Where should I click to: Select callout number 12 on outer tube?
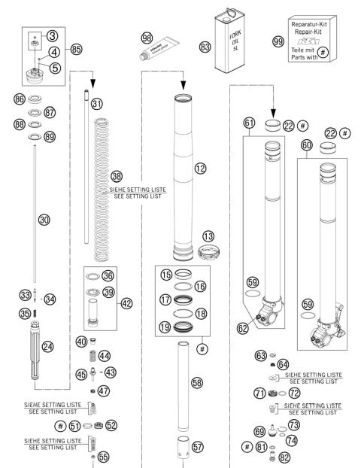(199, 169)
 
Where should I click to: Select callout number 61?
(250, 123)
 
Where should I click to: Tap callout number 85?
(76, 50)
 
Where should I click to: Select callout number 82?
(283, 457)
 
